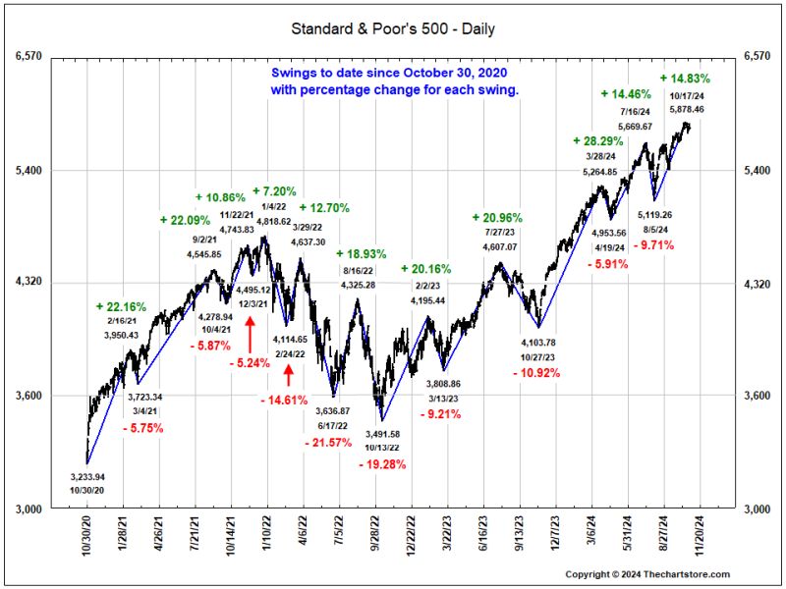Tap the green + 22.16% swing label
[x=121, y=307]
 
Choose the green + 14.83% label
[x=685, y=79]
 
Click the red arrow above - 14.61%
[x=288, y=375]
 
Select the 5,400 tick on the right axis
[x=758, y=171]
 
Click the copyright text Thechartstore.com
[x=687, y=573]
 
